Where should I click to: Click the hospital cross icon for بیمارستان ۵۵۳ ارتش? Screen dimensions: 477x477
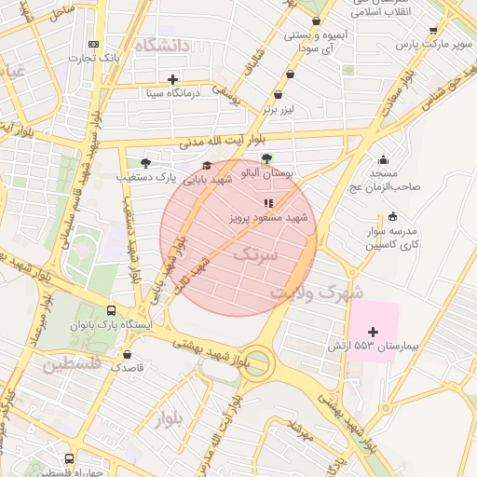(x=374, y=332)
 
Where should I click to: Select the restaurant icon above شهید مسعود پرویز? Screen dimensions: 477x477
(x=267, y=202)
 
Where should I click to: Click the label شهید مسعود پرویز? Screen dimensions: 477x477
(x=268, y=217)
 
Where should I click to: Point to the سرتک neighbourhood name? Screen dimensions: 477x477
(x=255, y=253)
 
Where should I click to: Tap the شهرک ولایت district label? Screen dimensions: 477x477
(x=317, y=293)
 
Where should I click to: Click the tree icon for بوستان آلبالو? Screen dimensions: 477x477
(x=267, y=158)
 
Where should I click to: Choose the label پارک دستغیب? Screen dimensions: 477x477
(x=146, y=175)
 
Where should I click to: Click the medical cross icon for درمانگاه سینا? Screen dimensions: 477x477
(x=172, y=78)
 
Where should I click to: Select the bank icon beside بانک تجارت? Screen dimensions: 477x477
(x=92, y=44)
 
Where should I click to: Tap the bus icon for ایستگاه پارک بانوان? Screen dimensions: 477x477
(x=112, y=311)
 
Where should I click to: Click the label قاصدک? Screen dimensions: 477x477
(x=128, y=368)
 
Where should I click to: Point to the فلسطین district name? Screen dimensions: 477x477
(x=70, y=362)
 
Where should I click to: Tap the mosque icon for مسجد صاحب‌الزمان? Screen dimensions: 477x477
(x=384, y=160)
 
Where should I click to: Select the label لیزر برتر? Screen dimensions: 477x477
(x=278, y=109)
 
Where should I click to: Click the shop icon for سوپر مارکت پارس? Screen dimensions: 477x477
(x=433, y=31)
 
